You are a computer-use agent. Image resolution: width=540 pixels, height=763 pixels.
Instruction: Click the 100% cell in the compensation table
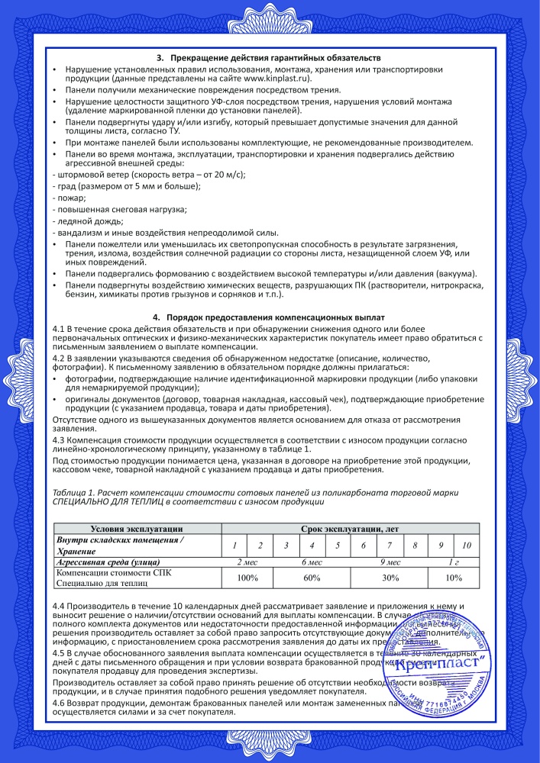coord(247,578)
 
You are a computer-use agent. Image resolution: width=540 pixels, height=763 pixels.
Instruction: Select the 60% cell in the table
coord(311,578)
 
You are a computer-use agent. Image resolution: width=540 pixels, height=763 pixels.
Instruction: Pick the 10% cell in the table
coord(454,578)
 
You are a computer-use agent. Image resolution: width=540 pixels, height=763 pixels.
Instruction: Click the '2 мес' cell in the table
coord(247,561)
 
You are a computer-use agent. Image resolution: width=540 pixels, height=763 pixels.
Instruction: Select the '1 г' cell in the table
coord(454,561)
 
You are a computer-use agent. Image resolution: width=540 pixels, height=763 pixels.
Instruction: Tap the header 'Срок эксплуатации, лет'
coord(350,528)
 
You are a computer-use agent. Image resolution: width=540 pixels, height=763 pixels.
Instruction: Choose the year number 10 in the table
coord(467,545)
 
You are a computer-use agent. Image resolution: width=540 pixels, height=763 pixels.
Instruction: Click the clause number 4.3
coord(58,440)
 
